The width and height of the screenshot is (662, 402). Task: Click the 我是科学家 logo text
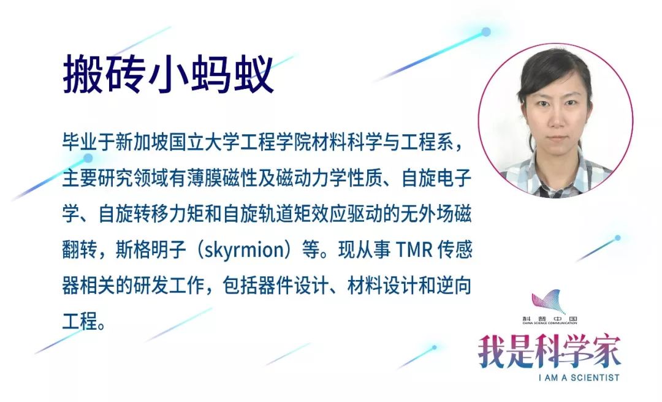click(x=549, y=352)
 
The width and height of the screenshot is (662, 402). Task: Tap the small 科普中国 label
click(x=550, y=318)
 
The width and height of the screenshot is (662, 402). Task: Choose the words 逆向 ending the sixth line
click(x=455, y=286)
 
